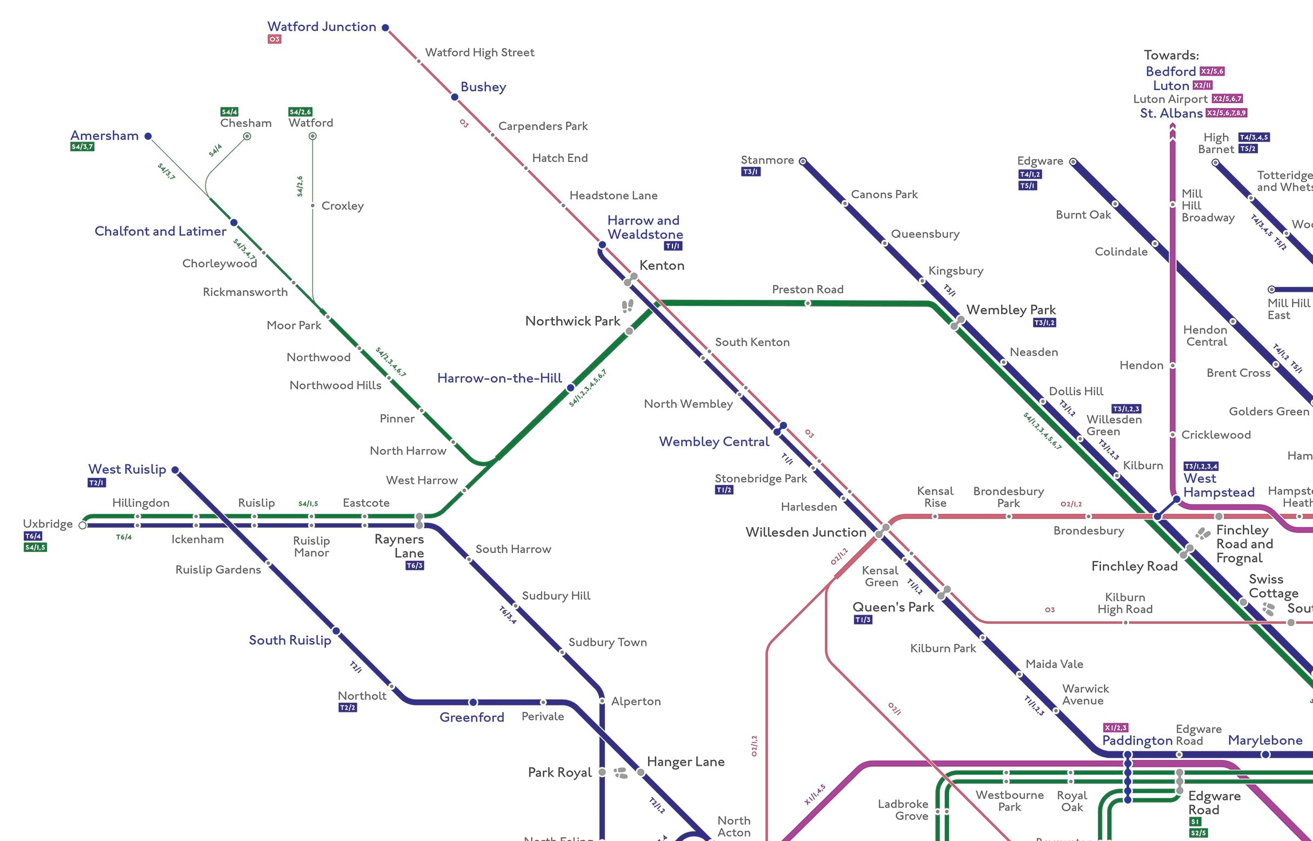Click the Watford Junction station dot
(385, 28)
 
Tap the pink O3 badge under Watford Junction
(274, 39)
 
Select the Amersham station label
(104, 136)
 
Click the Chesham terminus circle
(247, 136)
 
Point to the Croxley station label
(343, 206)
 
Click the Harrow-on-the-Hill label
(499, 378)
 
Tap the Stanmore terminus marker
(803, 161)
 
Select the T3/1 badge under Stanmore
(751, 172)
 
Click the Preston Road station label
(808, 290)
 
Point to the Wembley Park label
(1011, 310)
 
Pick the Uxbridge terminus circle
(83, 526)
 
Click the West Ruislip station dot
(175, 469)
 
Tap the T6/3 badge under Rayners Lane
(415, 566)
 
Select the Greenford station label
(471, 717)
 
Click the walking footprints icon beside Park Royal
(621, 772)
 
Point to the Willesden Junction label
(806, 532)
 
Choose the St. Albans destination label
(1171, 113)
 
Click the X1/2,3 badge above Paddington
(1115, 728)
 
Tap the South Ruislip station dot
(337, 631)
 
